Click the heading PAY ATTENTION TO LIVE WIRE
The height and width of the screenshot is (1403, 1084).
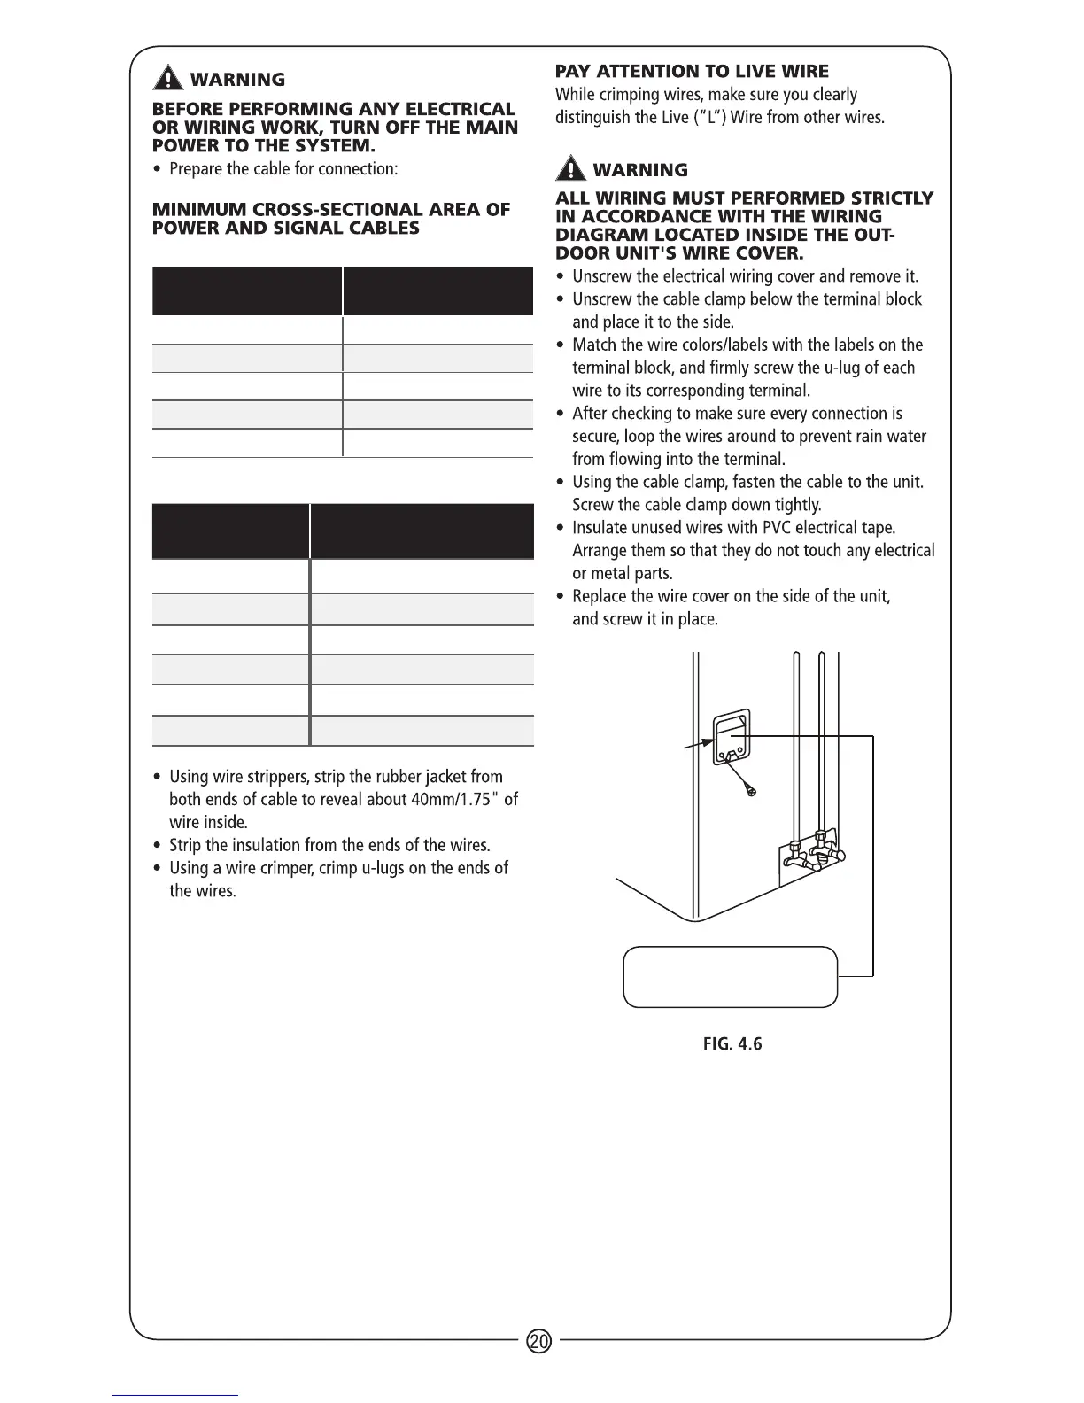(x=692, y=71)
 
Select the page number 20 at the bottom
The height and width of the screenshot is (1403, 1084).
(x=538, y=1341)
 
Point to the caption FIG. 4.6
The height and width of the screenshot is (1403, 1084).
(x=732, y=1043)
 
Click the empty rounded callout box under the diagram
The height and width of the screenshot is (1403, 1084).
(x=731, y=977)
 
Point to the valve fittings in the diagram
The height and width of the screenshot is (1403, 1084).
(x=817, y=854)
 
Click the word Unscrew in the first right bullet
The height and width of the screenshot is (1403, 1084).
(x=602, y=277)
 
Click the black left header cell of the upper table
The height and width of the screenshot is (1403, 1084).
(x=246, y=291)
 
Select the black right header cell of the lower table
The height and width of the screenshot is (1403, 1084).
(x=422, y=531)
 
